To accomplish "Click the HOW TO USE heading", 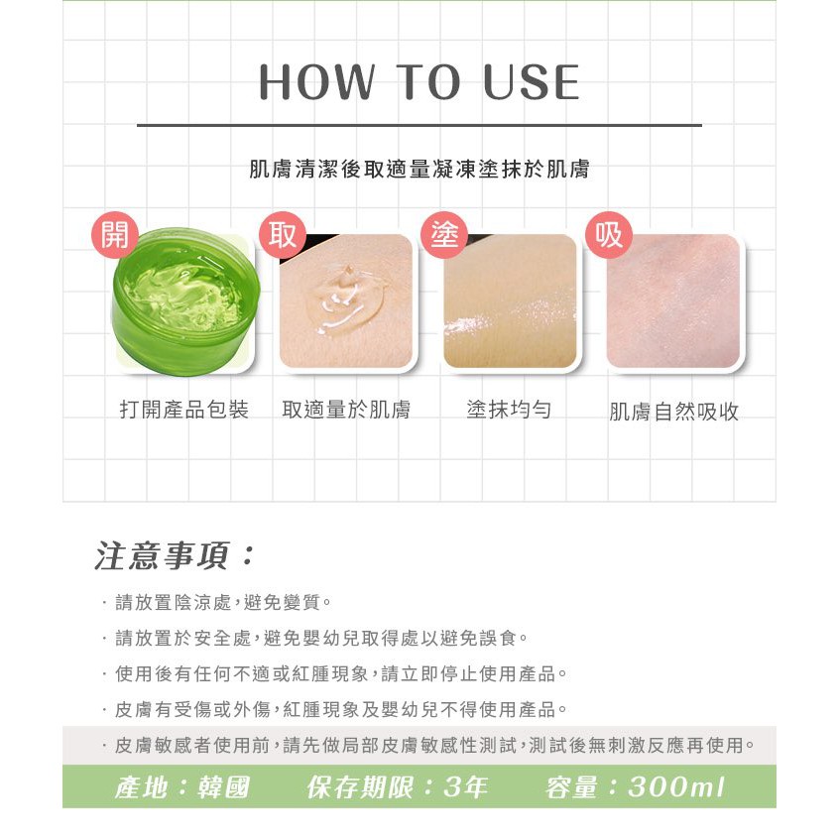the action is [419, 82].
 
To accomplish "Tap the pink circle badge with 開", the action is [115, 235].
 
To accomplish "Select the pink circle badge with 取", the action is [282, 235].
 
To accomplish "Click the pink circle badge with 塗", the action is [444, 235].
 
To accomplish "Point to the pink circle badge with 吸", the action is [609, 235].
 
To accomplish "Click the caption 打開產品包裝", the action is [184, 410].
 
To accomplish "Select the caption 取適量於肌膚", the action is [346, 410].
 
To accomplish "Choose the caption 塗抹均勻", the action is [509, 410].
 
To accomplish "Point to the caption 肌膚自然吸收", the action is [673, 412].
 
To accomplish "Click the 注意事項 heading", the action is [174, 555].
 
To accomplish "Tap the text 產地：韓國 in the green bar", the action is [182, 787].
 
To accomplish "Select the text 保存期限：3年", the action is [397, 787].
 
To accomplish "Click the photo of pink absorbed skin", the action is [673, 301].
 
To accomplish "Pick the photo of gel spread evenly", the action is [511, 301].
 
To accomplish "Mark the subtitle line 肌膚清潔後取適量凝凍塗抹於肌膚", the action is [419, 169].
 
